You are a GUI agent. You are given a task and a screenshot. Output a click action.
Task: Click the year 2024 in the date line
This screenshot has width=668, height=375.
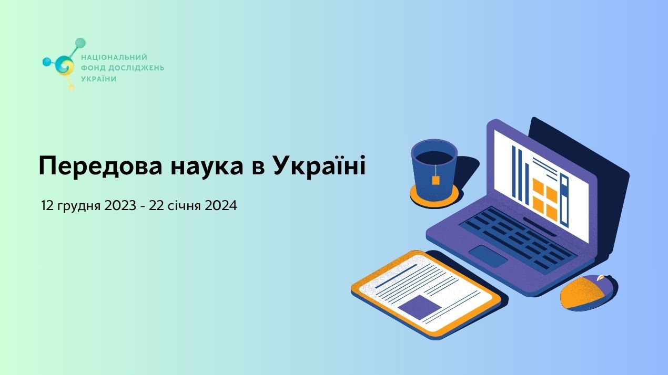[220, 206]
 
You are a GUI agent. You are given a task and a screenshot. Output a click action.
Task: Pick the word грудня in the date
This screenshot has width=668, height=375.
[78, 206]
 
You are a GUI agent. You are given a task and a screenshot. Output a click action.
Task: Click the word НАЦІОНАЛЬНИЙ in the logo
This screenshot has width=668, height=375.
[114, 57]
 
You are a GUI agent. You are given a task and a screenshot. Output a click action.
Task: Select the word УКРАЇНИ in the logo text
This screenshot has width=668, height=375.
[98, 79]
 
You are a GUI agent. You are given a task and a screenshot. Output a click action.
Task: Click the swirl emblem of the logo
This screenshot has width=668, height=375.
[65, 65]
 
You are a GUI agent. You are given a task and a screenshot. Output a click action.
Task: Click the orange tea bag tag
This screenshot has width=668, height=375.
[436, 180]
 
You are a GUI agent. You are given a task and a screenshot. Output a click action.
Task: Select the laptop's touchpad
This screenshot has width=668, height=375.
[488, 256]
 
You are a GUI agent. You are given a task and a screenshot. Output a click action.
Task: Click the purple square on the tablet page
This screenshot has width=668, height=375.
[419, 307]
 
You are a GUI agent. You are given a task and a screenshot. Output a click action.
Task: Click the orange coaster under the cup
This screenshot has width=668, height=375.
[421, 198]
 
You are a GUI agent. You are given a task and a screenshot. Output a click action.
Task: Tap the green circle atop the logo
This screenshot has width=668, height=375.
[80, 43]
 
